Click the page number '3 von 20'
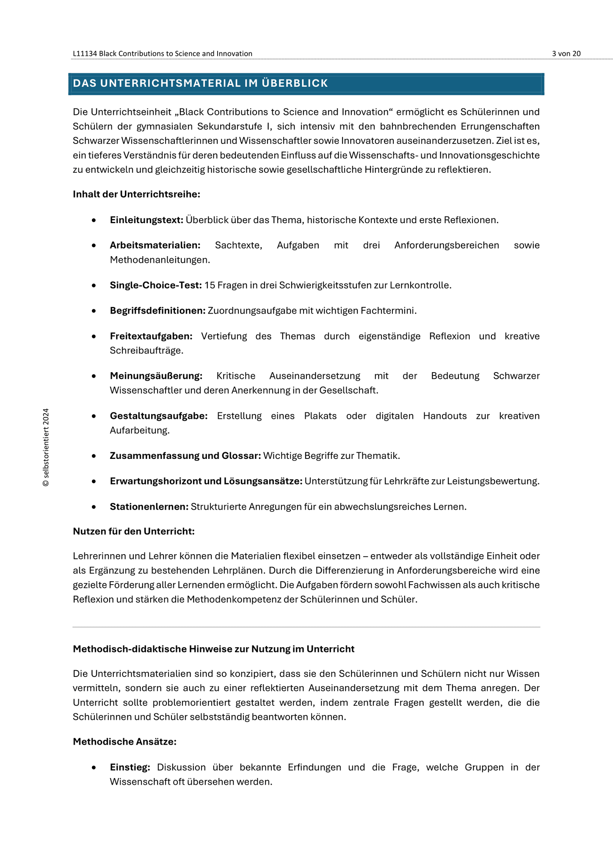pos(566,53)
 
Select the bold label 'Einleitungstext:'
pos(146,220)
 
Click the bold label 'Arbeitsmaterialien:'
pos(155,246)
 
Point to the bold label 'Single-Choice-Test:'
pos(156,285)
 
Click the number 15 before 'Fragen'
pos(210,285)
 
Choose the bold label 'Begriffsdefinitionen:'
pos(158,311)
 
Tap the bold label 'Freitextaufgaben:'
pos(151,337)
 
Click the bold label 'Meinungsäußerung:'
pos(156,376)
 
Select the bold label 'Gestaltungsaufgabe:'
pos(159,416)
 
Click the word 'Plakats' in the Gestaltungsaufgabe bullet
pos(320,416)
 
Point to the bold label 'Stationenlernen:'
pos(149,507)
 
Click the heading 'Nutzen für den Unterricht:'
pos(134,531)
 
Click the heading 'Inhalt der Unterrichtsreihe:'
pos(136,194)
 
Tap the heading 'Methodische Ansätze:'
pos(124,742)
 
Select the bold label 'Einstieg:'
pos(130,768)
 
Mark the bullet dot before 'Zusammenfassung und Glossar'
pos(94,456)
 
